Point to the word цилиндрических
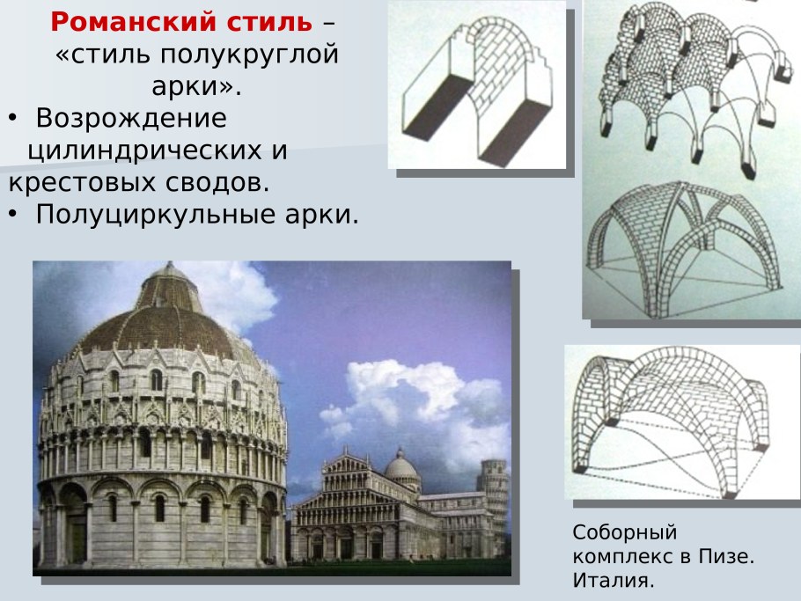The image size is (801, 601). pos(143,150)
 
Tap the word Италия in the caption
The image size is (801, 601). pos(613,580)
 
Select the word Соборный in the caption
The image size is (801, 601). pos(624,532)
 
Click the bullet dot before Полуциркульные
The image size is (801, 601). pos(13,216)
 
